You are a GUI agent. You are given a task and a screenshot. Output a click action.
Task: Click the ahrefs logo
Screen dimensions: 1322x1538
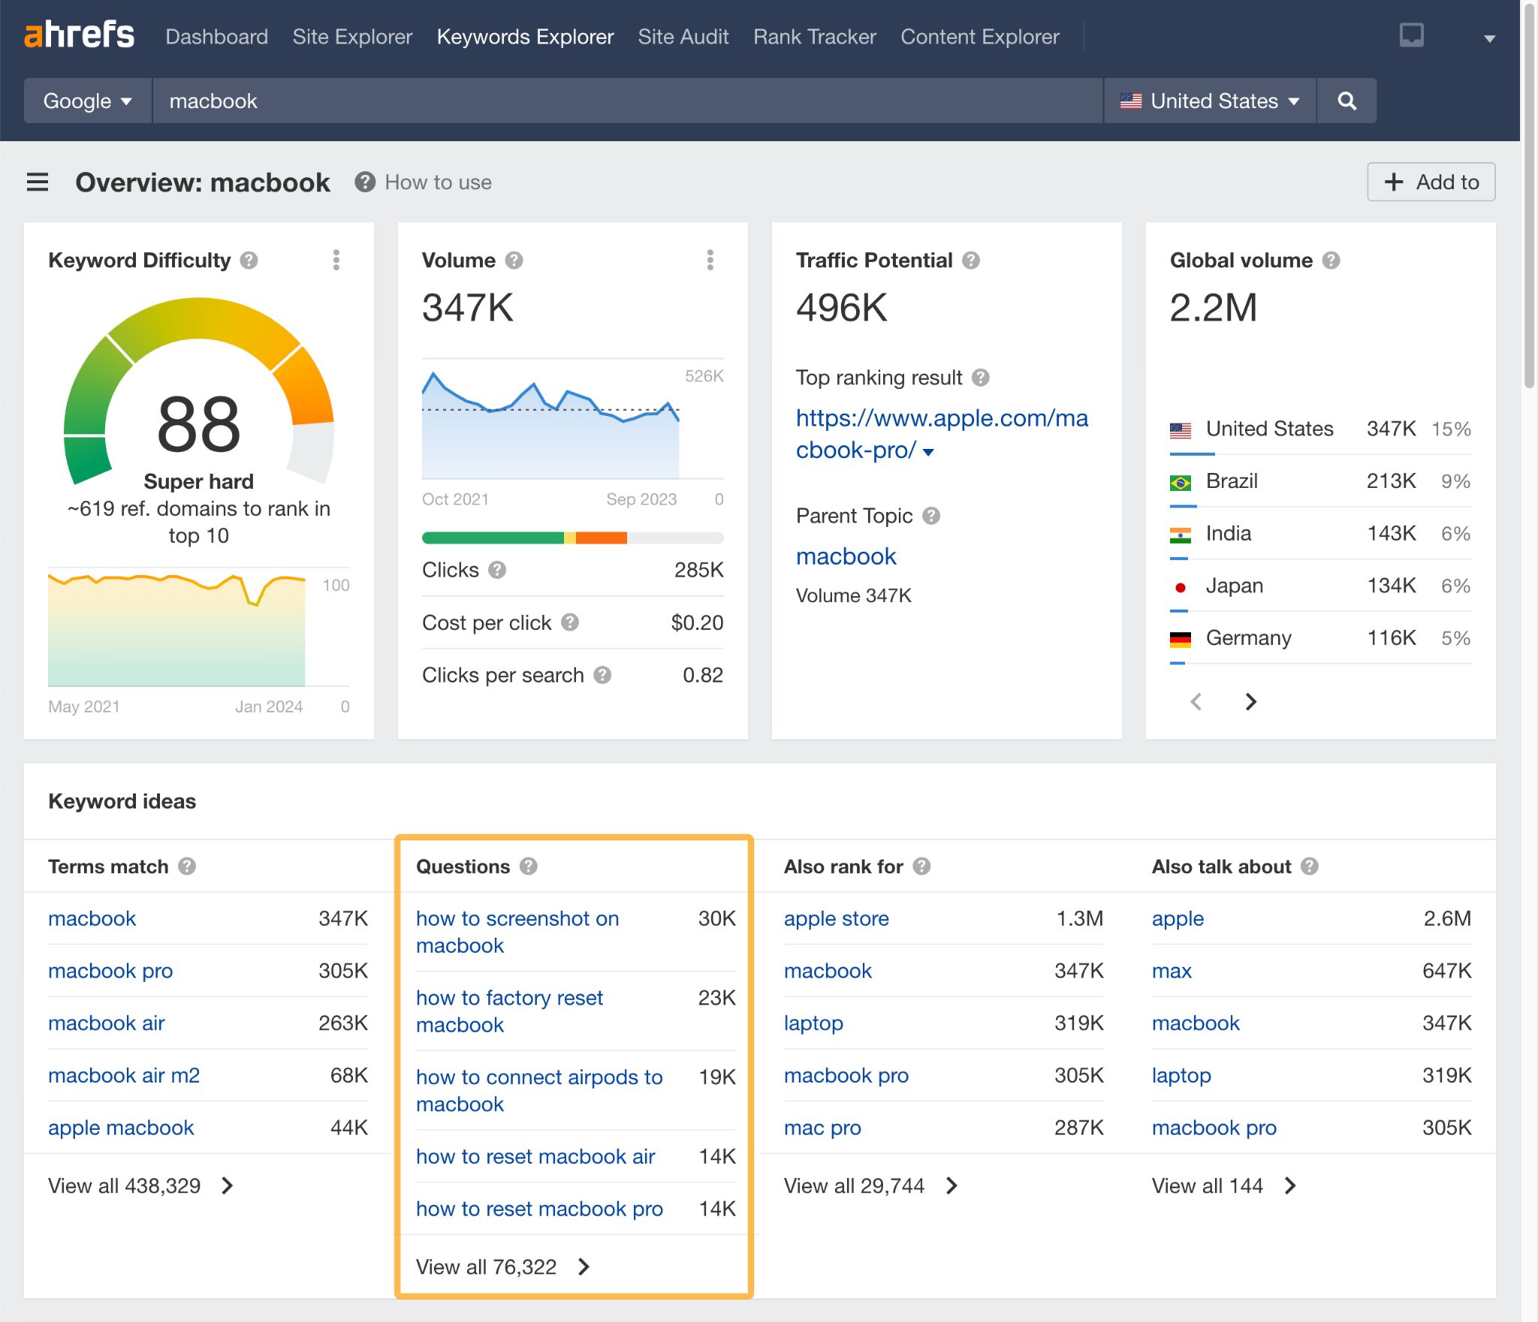click(x=79, y=35)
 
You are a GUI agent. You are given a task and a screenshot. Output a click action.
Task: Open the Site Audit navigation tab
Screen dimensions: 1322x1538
click(x=683, y=37)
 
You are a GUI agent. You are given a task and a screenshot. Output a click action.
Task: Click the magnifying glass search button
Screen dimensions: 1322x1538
click(x=1347, y=101)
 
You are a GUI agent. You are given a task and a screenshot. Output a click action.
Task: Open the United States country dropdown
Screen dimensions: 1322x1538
click(x=1210, y=101)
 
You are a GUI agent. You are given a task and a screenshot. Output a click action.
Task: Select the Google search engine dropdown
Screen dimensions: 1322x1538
click(x=87, y=101)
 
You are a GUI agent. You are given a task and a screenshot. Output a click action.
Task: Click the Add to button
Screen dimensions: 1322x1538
click(x=1431, y=182)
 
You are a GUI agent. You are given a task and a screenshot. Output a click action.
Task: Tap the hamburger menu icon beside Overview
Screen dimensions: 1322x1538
click(x=38, y=182)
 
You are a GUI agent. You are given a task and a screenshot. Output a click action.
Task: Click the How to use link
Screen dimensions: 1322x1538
click(x=438, y=182)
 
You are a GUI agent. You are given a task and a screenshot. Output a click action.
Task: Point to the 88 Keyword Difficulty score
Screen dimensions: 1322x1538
click(x=199, y=425)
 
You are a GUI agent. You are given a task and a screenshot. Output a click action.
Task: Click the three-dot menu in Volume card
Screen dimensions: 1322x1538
click(x=710, y=260)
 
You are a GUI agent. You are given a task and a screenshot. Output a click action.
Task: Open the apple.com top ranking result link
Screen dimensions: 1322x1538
click(x=941, y=433)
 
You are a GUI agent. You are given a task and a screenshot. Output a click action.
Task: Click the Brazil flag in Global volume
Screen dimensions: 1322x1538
click(x=1180, y=482)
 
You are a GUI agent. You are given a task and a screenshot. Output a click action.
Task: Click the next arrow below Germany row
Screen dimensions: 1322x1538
click(x=1250, y=701)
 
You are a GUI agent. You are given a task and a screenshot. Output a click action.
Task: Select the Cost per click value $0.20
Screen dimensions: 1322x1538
click(x=697, y=622)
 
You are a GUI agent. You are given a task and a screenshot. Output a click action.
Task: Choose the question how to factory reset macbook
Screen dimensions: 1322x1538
click(x=509, y=1010)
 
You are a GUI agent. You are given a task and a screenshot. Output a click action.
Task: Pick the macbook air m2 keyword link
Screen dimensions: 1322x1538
click(x=124, y=1075)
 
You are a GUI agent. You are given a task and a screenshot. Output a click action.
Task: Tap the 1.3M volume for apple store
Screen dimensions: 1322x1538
click(x=1079, y=918)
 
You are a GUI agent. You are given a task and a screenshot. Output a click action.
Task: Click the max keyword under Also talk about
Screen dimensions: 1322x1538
click(x=1172, y=971)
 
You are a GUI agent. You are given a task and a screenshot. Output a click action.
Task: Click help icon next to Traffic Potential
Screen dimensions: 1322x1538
click(x=971, y=260)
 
